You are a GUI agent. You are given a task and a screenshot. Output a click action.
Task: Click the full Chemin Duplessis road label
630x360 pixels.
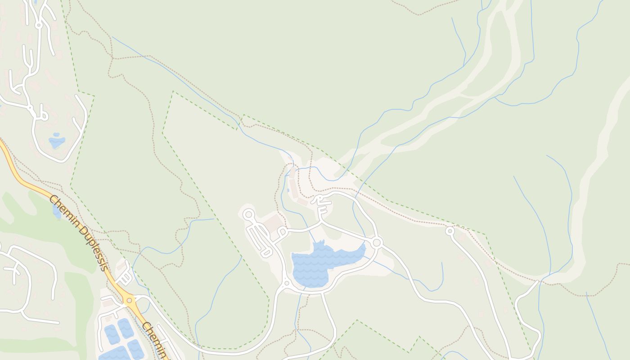point(79,233)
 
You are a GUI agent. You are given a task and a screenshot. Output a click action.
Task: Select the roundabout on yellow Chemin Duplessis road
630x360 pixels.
point(129,299)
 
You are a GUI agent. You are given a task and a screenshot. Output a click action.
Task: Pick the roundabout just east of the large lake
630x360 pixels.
point(377,243)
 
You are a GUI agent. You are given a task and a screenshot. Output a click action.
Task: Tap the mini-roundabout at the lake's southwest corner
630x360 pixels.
point(286,283)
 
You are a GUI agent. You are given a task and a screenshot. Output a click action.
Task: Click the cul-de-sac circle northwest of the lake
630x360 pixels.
point(248,215)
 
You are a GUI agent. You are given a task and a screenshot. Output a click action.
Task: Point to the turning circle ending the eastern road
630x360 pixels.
point(450,231)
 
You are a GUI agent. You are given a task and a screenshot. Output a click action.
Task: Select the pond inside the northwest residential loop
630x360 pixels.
point(57,141)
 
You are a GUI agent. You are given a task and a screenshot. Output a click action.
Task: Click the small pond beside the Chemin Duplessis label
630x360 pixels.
point(57,211)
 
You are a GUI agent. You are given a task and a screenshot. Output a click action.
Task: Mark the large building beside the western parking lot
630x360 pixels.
point(273,223)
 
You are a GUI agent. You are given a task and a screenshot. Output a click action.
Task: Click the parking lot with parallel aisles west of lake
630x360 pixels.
point(259,238)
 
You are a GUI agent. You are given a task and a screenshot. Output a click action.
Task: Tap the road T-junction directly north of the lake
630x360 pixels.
point(321,222)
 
